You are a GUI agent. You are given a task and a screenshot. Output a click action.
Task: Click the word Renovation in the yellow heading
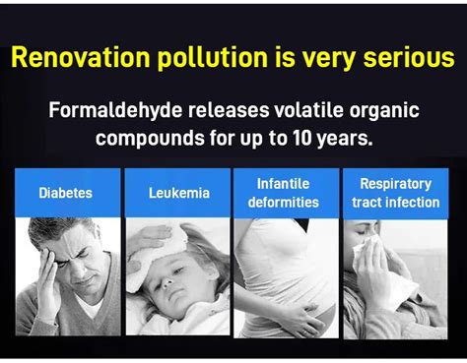click(81, 58)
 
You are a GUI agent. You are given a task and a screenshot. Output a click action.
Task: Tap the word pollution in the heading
click(213, 58)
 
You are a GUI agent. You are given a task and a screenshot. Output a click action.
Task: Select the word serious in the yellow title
click(409, 58)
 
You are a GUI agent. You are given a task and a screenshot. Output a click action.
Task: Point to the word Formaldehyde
click(115, 110)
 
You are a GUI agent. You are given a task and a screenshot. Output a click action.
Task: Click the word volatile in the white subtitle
click(308, 110)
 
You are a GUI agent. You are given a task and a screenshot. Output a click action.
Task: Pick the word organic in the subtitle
click(384, 111)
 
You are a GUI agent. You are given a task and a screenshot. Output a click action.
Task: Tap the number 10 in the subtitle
click(301, 138)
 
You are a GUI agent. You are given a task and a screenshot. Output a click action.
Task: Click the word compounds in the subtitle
click(151, 139)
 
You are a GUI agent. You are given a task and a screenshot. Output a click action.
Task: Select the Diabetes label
click(65, 193)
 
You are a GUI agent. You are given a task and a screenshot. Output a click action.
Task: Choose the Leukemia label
click(179, 193)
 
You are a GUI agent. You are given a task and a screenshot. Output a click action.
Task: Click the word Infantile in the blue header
click(283, 184)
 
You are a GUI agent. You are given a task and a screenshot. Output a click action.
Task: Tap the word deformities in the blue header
click(284, 202)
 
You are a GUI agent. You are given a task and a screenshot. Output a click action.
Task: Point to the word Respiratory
click(396, 184)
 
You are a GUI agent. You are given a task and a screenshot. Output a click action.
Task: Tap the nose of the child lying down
click(167, 281)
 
